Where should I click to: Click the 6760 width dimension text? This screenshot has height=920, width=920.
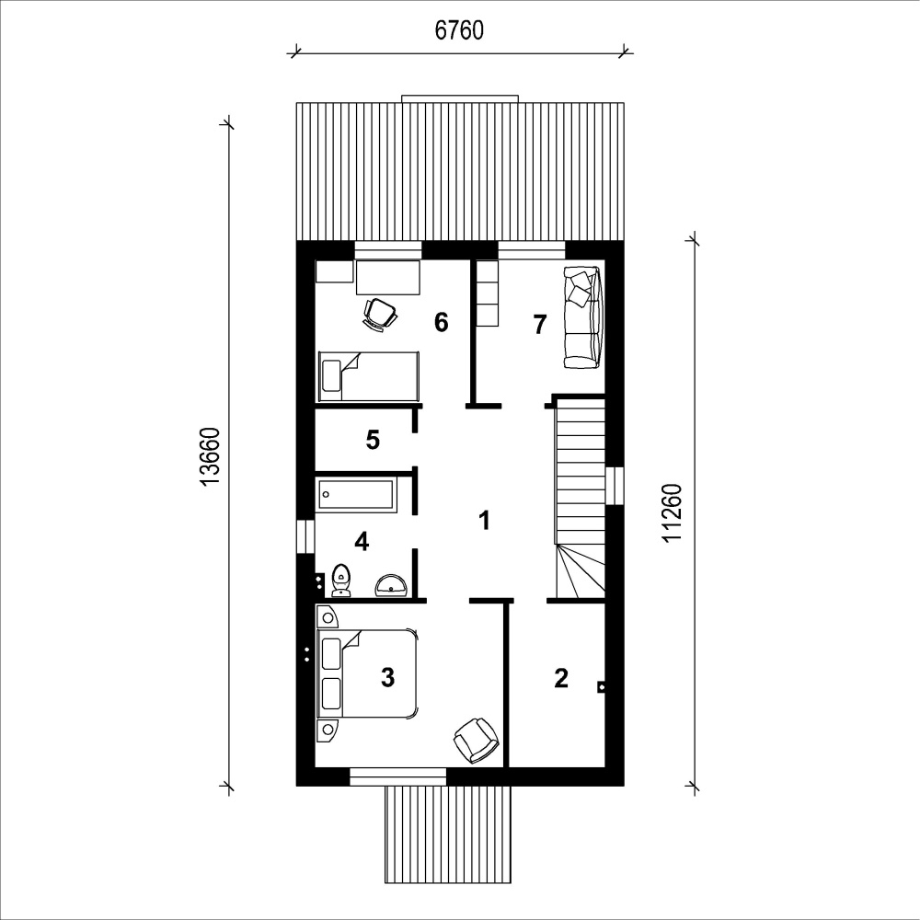(x=459, y=30)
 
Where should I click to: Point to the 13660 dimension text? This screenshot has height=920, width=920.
(x=210, y=456)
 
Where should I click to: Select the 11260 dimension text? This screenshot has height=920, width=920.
(x=673, y=512)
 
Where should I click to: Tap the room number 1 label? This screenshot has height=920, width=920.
(x=484, y=520)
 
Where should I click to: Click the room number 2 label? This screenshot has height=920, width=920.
(x=561, y=678)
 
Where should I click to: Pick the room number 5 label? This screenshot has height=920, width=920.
(x=373, y=440)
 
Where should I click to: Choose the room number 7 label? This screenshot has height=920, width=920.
(x=540, y=324)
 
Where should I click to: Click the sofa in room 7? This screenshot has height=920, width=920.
(x=581, y=317)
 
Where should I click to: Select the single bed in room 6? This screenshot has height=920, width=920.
(x=369, y=376)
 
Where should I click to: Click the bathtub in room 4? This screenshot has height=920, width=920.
(x=357, y=494)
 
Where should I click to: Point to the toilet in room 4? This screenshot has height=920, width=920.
(x=341, y=581)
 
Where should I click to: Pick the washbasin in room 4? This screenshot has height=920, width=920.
(x=391, y=585)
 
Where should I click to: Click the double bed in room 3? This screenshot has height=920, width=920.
(x=367, y=673)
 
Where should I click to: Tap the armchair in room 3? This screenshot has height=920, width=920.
(x=476, y=740)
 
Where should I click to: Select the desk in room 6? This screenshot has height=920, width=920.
(x=388, y=278)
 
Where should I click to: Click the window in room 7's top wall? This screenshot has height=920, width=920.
(x=532, y=250)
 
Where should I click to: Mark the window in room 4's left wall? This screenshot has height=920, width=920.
(x=305, y=536)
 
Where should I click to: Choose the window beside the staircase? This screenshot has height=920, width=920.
(x=615, y=485)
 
